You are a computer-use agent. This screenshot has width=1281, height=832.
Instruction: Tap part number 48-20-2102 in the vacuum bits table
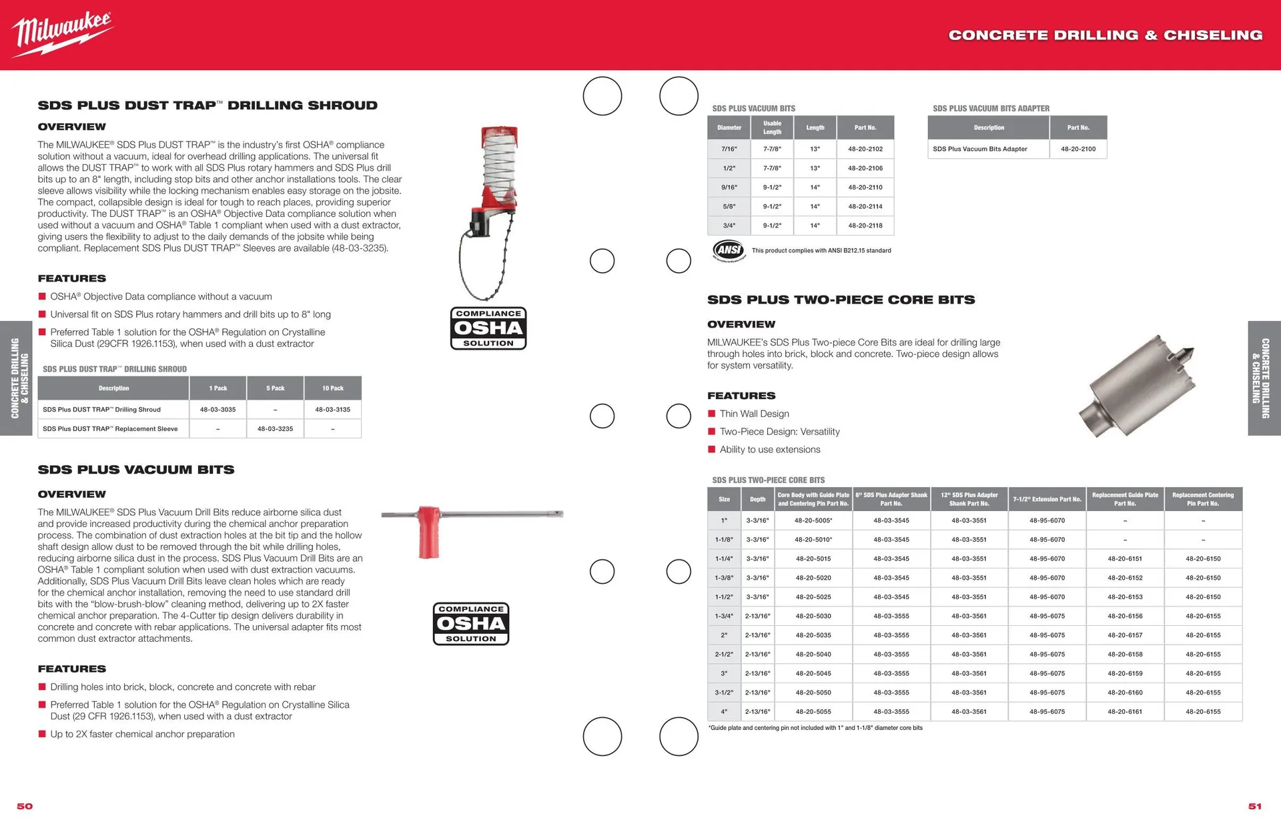865,149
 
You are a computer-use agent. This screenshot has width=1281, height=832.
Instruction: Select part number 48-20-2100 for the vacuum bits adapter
1078,149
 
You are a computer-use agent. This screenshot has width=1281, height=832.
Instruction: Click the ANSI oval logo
729,250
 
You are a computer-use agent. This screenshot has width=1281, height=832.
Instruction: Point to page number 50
25,806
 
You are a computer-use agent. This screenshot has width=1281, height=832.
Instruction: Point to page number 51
1255,806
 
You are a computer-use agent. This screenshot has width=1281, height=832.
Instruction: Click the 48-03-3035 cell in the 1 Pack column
218,410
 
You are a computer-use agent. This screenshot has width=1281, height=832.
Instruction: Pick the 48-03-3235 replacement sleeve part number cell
275,429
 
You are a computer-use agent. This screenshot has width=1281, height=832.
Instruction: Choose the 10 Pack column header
332,388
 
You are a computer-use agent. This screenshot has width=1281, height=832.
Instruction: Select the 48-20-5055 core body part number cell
813,712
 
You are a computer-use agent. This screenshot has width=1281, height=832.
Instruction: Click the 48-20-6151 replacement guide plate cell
1125,559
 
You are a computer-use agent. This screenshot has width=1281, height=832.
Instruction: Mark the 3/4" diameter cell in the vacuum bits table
729,226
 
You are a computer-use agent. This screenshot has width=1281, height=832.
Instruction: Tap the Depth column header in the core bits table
757,499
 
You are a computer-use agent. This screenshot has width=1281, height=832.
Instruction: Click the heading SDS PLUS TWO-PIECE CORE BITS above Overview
841,300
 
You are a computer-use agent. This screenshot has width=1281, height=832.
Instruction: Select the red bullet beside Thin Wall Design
712,414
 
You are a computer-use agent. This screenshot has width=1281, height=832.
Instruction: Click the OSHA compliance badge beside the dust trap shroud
488,328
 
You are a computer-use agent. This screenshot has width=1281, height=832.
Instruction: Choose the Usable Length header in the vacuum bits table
772,127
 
